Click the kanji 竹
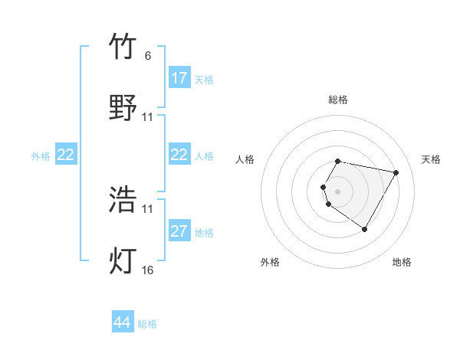pos(123,47)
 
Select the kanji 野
pos(123,107)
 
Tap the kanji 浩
pos(123,200)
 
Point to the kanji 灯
pos(123,261)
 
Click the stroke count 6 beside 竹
pos(147,56)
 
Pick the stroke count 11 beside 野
pos(148,117)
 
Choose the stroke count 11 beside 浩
pos(148,209)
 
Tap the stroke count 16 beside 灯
pos(148,270)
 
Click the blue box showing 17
pos(179,78)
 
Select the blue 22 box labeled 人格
pos(179,155)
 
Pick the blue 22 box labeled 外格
pos(66,155)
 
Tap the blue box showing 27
pos(179,231)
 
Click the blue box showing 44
pos(123,322)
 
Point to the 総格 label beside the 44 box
pos(147,324)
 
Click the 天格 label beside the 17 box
pos(204,79)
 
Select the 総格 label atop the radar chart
pos(338,100)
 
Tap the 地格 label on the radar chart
pos(402,262)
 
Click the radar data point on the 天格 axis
pos(396,173)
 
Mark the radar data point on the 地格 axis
pos(364,229)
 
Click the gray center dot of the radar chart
pos(337,191)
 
